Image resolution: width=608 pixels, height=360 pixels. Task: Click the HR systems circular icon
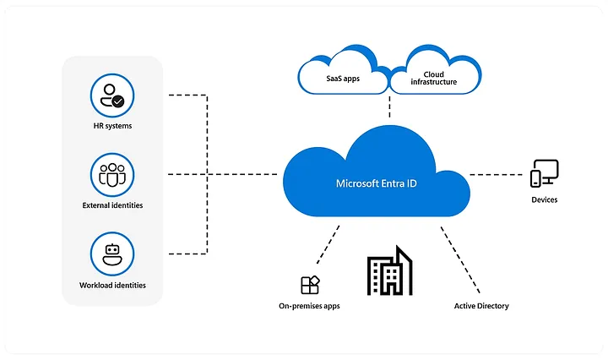112,95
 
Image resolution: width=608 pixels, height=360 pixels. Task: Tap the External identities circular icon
112,175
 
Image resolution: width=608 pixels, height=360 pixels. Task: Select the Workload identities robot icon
112,254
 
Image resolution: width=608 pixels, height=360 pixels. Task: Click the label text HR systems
112,126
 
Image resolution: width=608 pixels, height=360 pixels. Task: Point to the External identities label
112,205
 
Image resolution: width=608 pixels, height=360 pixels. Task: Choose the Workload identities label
112,285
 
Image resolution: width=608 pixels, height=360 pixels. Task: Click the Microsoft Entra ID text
376,183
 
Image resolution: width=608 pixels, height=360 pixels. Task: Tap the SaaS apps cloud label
343,79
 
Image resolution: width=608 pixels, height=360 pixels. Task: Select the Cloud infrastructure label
433,78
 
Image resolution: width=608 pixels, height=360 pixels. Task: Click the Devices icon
545,173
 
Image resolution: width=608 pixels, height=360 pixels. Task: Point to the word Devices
545,199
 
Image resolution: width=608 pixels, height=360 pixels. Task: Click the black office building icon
389,270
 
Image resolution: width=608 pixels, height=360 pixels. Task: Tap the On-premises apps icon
310,285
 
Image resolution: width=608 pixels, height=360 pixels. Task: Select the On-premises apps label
309,306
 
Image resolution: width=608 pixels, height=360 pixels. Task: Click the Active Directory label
481,306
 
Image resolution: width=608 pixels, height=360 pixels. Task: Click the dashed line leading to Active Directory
460,259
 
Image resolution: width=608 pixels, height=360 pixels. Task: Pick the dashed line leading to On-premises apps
328,245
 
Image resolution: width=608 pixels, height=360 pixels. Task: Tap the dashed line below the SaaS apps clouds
389,106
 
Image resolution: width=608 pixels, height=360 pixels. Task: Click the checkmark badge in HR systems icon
118,101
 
